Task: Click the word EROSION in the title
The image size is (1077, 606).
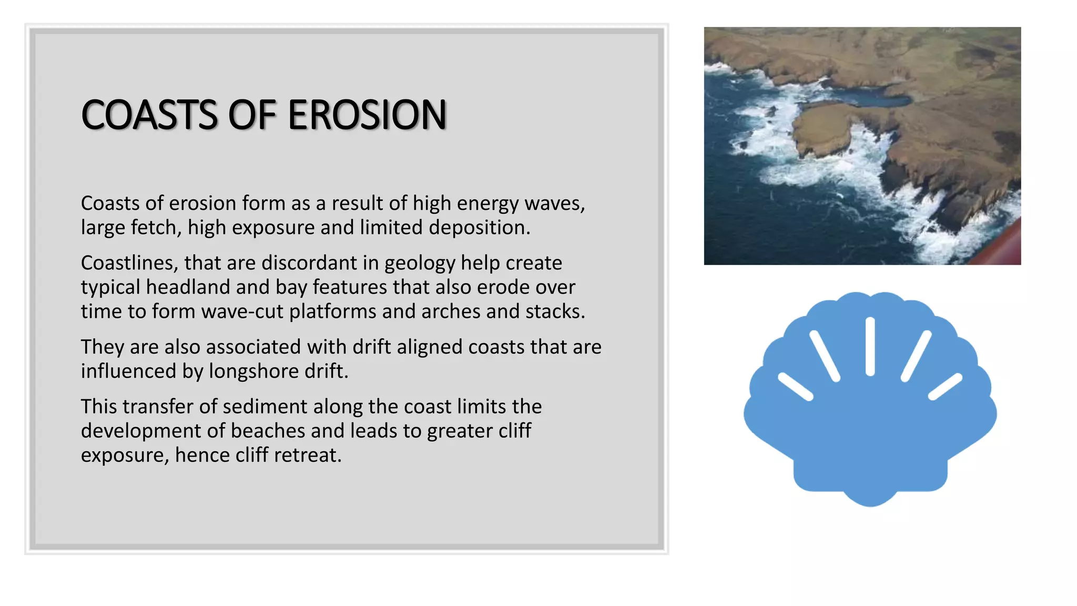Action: pyautogui.click(x=367, y=115)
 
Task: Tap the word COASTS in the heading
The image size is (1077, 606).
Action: pyautogui.click(x=149, y=115)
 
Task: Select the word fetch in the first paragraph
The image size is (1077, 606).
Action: pyautogui.click(x=156, y=228)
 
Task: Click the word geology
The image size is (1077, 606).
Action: pyautogui.click(x=419, y=263)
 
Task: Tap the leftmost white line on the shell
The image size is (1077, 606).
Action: pyautogui.click(x=795, y=387)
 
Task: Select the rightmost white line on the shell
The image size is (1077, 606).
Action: pyautogui.click(x=945, y=387)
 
